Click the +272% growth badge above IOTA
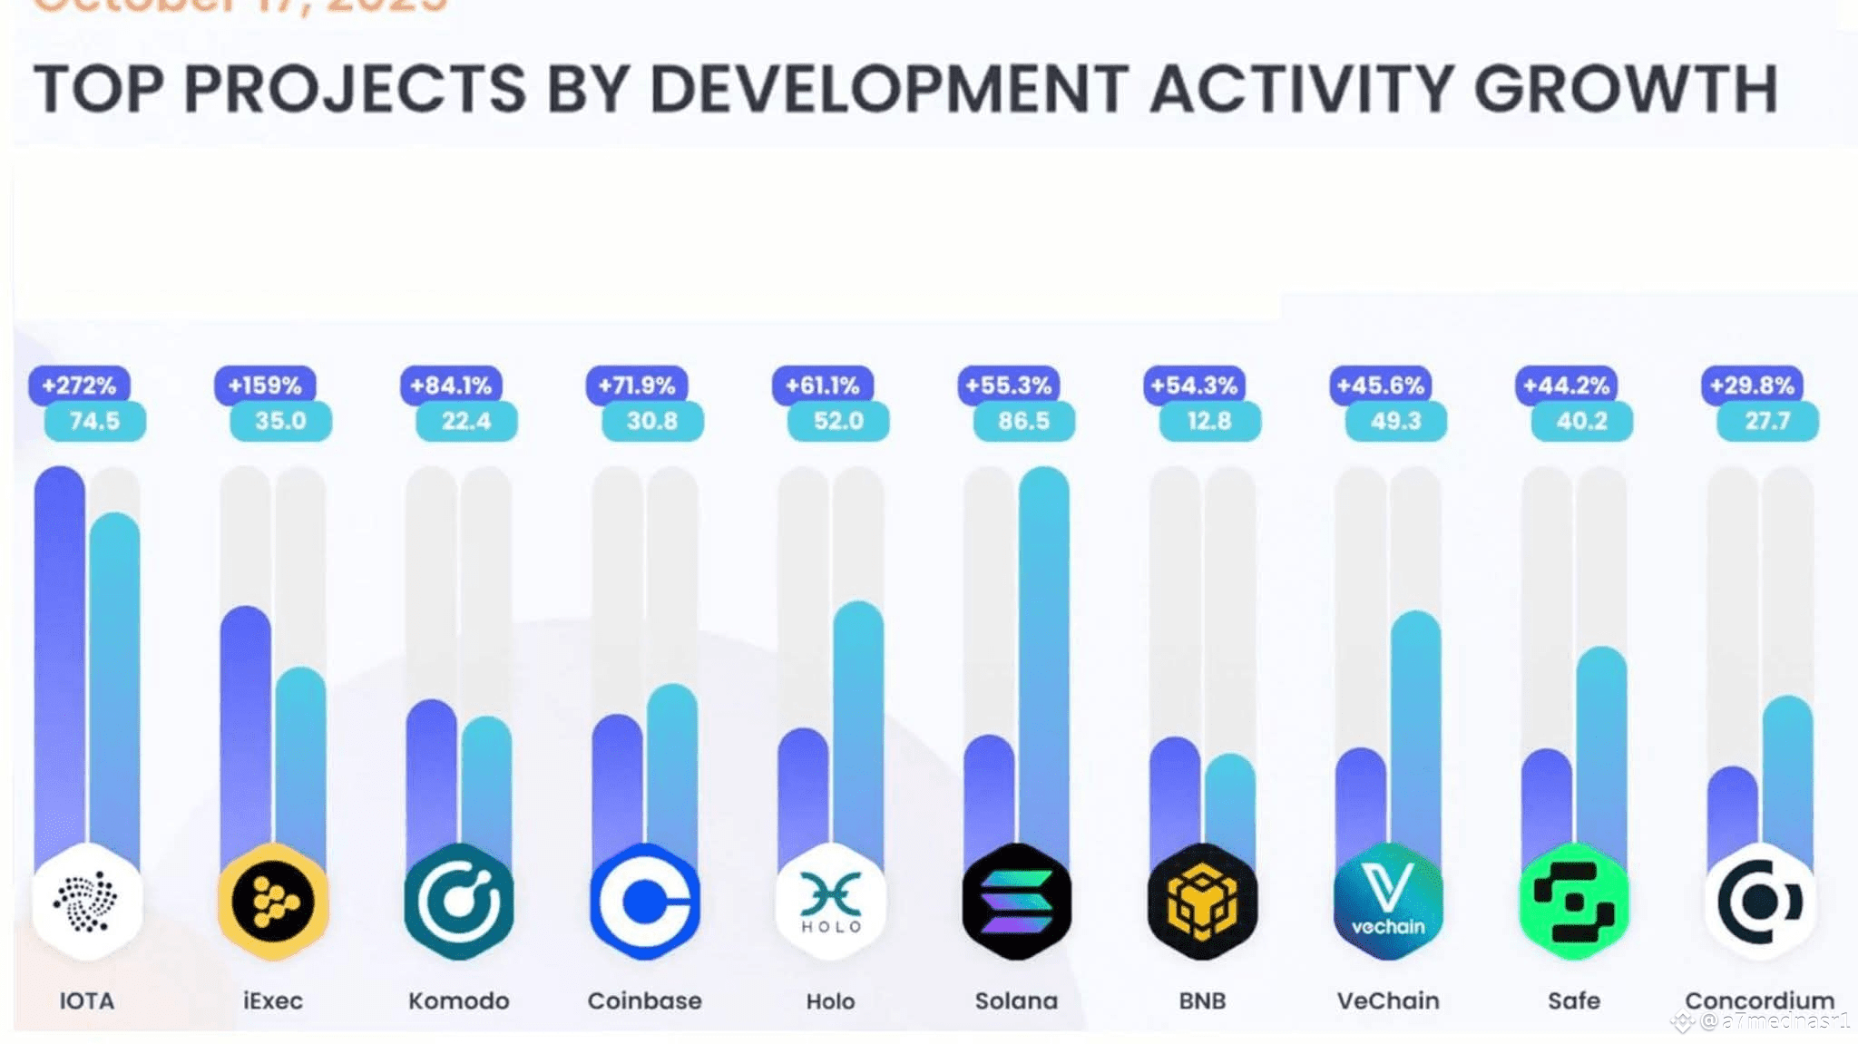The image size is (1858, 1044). pos(79,385)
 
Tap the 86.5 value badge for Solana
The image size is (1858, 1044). pos(1023,421)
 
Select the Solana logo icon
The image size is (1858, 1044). pos(1016,902)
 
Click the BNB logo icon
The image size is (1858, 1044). pos(1202,902)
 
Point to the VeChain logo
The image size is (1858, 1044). pos(1388,902)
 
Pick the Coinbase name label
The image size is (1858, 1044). pos(644,1000)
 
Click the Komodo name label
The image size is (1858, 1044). pos(458,1000)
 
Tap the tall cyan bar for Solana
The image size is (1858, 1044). pos(1043,653)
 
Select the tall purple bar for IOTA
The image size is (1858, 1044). pos(60,653)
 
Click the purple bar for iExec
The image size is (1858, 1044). pos(245,726)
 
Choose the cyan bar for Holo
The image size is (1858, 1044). pos(857,726)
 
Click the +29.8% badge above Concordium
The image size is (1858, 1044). pos(1752,385)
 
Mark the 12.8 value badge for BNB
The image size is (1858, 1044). pos(1209,421)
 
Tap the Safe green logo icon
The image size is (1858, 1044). pos(1574,902)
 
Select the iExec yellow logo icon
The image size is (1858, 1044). pos(272,902)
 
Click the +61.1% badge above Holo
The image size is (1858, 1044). pos(822,385)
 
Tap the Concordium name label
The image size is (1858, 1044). pos(1759,1000)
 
